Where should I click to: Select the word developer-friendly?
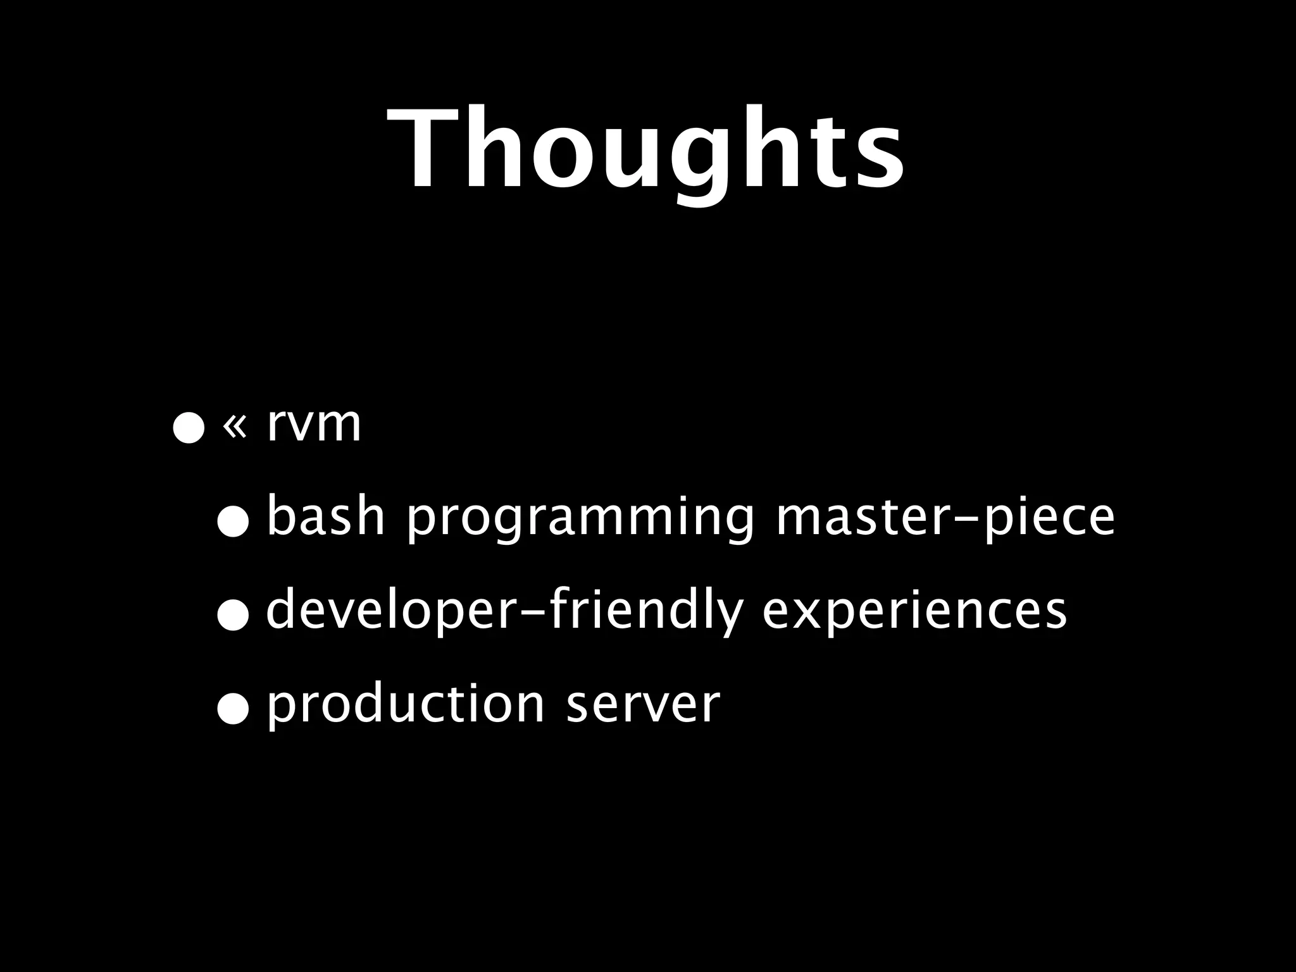coord(504,611)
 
